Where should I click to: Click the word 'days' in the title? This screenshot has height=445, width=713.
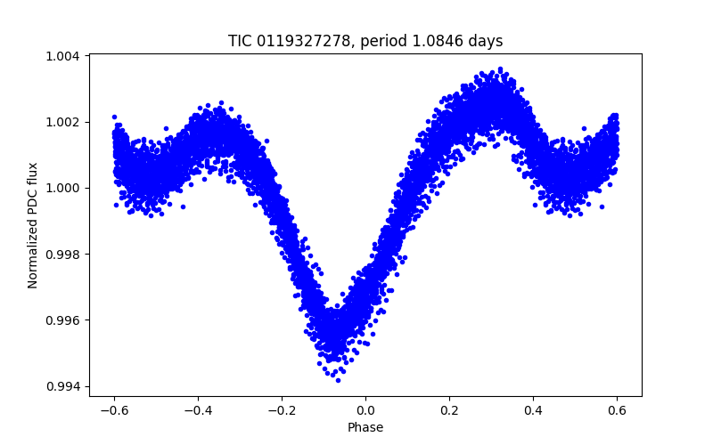coord(486,41)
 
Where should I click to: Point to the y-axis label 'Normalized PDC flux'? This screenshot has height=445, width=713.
coord(33,225)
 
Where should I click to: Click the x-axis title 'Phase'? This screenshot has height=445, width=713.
coord(365,427)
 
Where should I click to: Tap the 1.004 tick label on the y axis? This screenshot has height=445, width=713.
coord(64,56)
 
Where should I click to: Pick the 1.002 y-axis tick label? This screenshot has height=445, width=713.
coord(64,122)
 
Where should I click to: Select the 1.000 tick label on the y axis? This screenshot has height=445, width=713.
coord(64,188)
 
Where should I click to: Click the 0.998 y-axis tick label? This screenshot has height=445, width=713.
coord(64,255)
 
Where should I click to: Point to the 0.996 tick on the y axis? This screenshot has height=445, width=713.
coord(64,320)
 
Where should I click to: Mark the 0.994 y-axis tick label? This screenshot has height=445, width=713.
coord(64,386)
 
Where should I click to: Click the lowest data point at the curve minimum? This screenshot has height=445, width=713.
coord(337,380)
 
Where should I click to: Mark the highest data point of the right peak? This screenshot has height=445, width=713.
coord(500,69)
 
